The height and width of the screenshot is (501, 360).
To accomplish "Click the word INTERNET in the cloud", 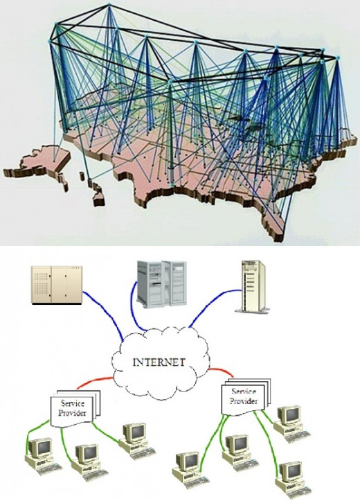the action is (x=159, y=362).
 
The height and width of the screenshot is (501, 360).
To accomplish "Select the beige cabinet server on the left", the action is (x=57, y=285).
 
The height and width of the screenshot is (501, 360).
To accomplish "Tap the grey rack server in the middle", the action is (x=161, y=283).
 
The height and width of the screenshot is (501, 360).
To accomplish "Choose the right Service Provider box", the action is (x=246, y=396).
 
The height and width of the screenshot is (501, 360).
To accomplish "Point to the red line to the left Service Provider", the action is (x=95, y=382).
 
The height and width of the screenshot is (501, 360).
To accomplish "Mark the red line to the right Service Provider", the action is (x=221, y=372).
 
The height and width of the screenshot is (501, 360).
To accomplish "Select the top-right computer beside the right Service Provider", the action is (x=291, y=424).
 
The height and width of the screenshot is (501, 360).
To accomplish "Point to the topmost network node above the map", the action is (x=109, y=4).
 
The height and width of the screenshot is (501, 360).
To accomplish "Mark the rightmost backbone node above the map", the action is (x=338, y=58).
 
